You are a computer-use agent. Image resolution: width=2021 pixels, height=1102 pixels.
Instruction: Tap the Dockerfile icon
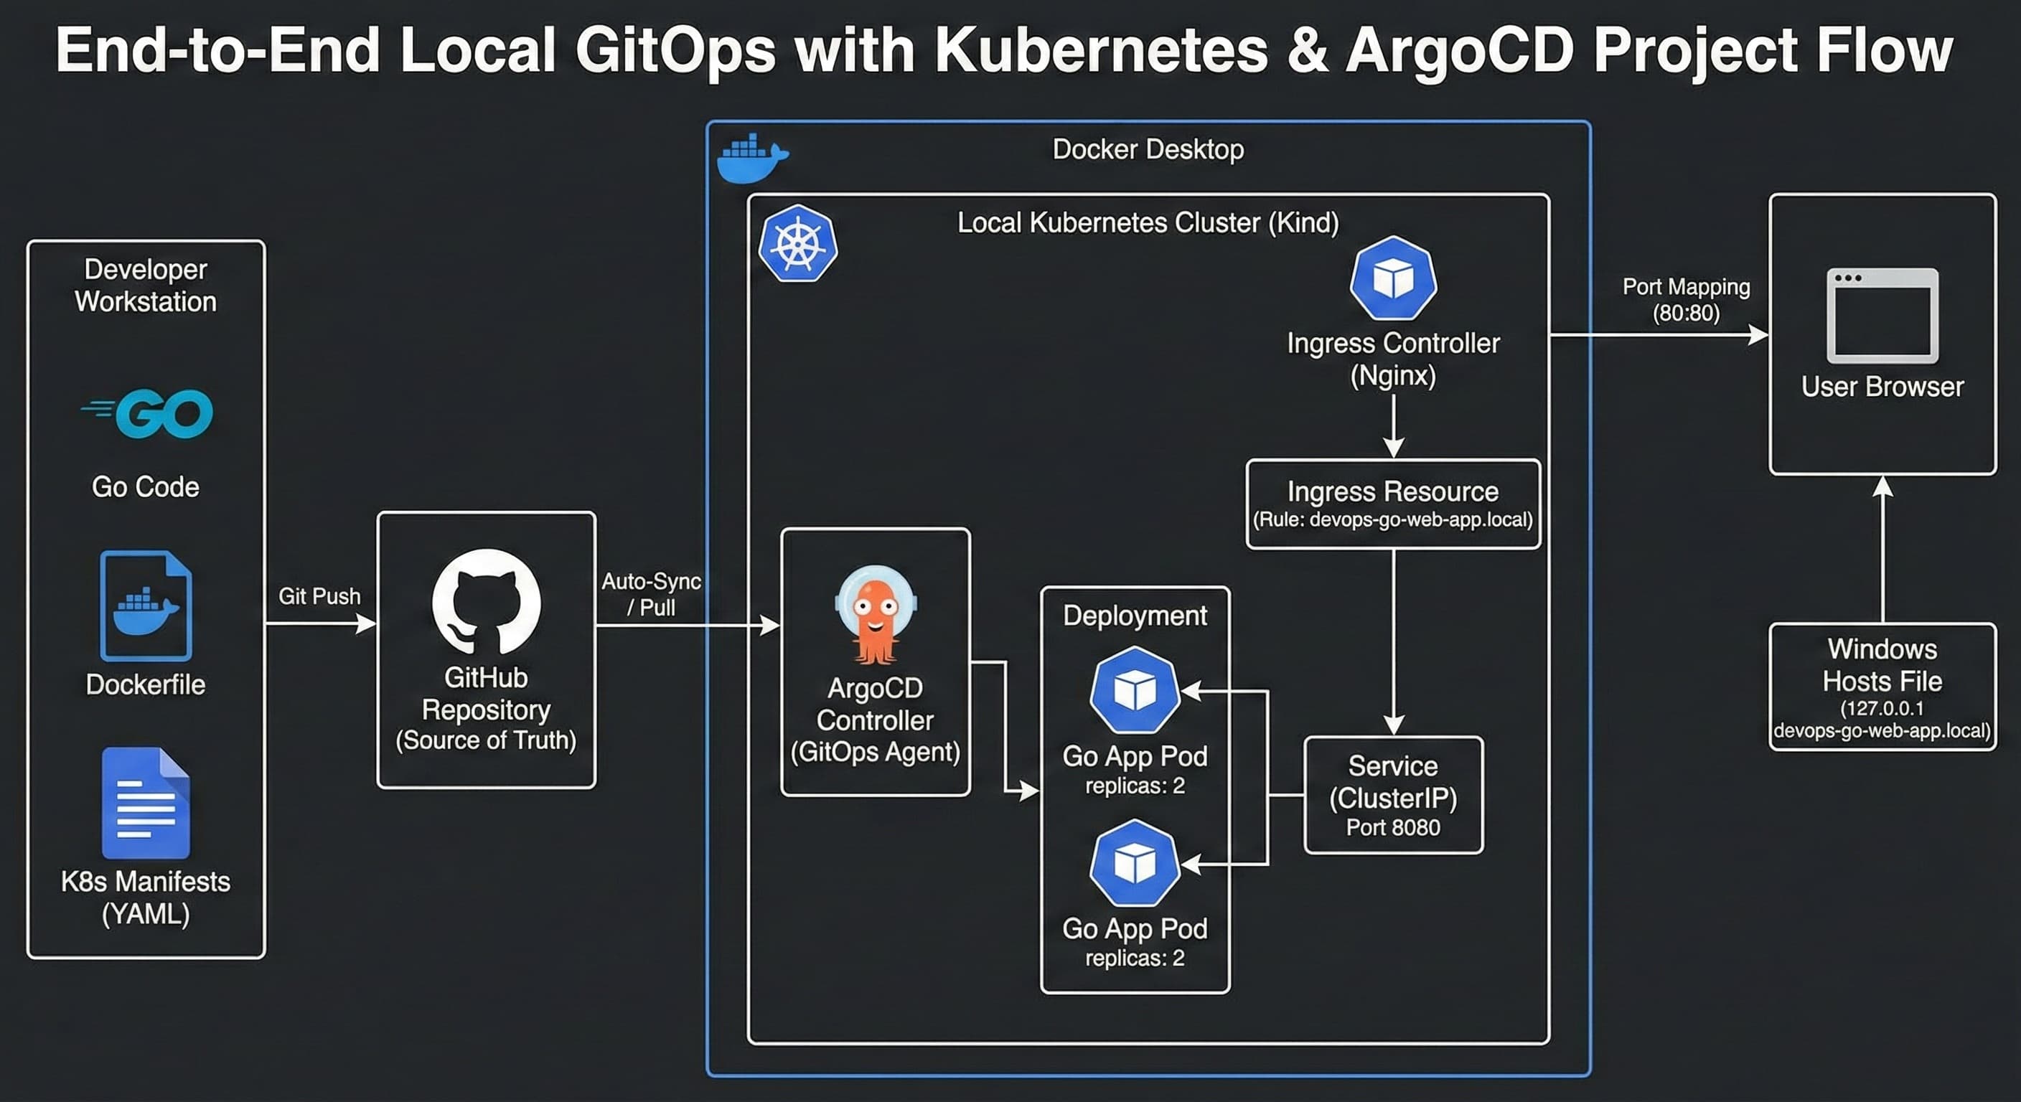click(x=146, y=606)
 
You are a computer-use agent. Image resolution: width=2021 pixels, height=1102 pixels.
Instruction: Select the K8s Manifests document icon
click(x=146, y=802)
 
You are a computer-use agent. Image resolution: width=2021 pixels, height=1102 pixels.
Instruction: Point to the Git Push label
click(x=319, y=596)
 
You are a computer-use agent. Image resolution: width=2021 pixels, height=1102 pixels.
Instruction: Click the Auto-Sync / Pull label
click(x=651, y=594)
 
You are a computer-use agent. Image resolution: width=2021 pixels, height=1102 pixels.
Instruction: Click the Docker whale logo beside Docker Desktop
click(x=751, y=159)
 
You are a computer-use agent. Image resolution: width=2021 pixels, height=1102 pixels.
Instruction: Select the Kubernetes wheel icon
click(x=798, y=244)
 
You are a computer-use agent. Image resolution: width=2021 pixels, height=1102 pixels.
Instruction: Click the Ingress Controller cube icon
click(x=1392, y=278)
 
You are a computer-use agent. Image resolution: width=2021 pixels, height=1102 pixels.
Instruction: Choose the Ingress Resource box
click(x=1392, y=504)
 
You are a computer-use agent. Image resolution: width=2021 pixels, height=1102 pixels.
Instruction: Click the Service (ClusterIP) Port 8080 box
click(x=1392, y=794)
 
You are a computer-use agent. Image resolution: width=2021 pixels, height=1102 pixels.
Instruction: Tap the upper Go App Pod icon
click(x=1135, y=690)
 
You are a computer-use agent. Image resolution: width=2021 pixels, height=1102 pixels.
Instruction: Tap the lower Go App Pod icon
click(x=1135, y=864)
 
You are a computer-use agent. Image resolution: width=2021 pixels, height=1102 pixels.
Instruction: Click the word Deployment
click(x=1135, y=616)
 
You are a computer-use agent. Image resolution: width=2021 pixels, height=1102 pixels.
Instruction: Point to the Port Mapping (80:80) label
click(x=1685, y=300)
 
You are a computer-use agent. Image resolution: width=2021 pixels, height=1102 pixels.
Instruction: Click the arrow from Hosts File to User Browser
click(x=1882, y=549)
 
